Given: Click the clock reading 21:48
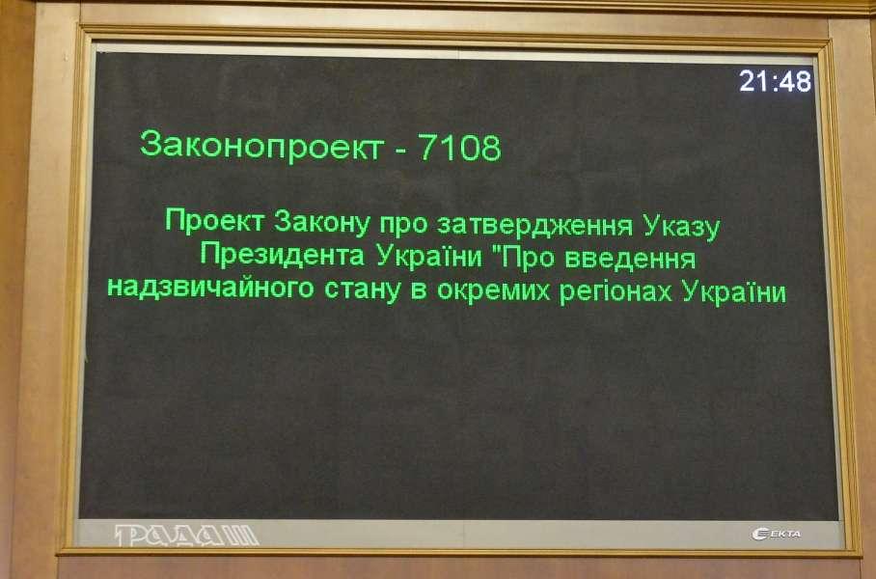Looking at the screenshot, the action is [x=775, y=82].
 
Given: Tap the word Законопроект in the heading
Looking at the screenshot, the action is [x=261, y=147].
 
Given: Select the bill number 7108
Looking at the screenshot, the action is [x=460, y=147].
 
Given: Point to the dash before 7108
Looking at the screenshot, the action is [x=400, y=151].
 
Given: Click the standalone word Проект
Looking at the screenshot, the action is [x=214, y=221].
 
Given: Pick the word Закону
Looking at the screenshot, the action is [x=322, y=223].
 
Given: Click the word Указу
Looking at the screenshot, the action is [x=681, y=227].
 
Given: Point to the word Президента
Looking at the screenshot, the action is [x=283, y=255].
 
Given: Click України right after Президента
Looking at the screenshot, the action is [x=429, y=256].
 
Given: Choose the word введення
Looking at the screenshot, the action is [x=630, y=260].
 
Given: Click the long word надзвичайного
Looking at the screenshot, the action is [x=210, y=289].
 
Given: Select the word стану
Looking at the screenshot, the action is [x=363, y=290].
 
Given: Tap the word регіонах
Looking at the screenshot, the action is [x=616, y=292].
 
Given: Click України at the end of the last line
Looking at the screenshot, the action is [x=734, y=292].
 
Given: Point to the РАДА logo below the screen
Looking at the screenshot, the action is [x=186, y=536].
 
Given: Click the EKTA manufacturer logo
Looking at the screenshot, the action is [x=776, y=535].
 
